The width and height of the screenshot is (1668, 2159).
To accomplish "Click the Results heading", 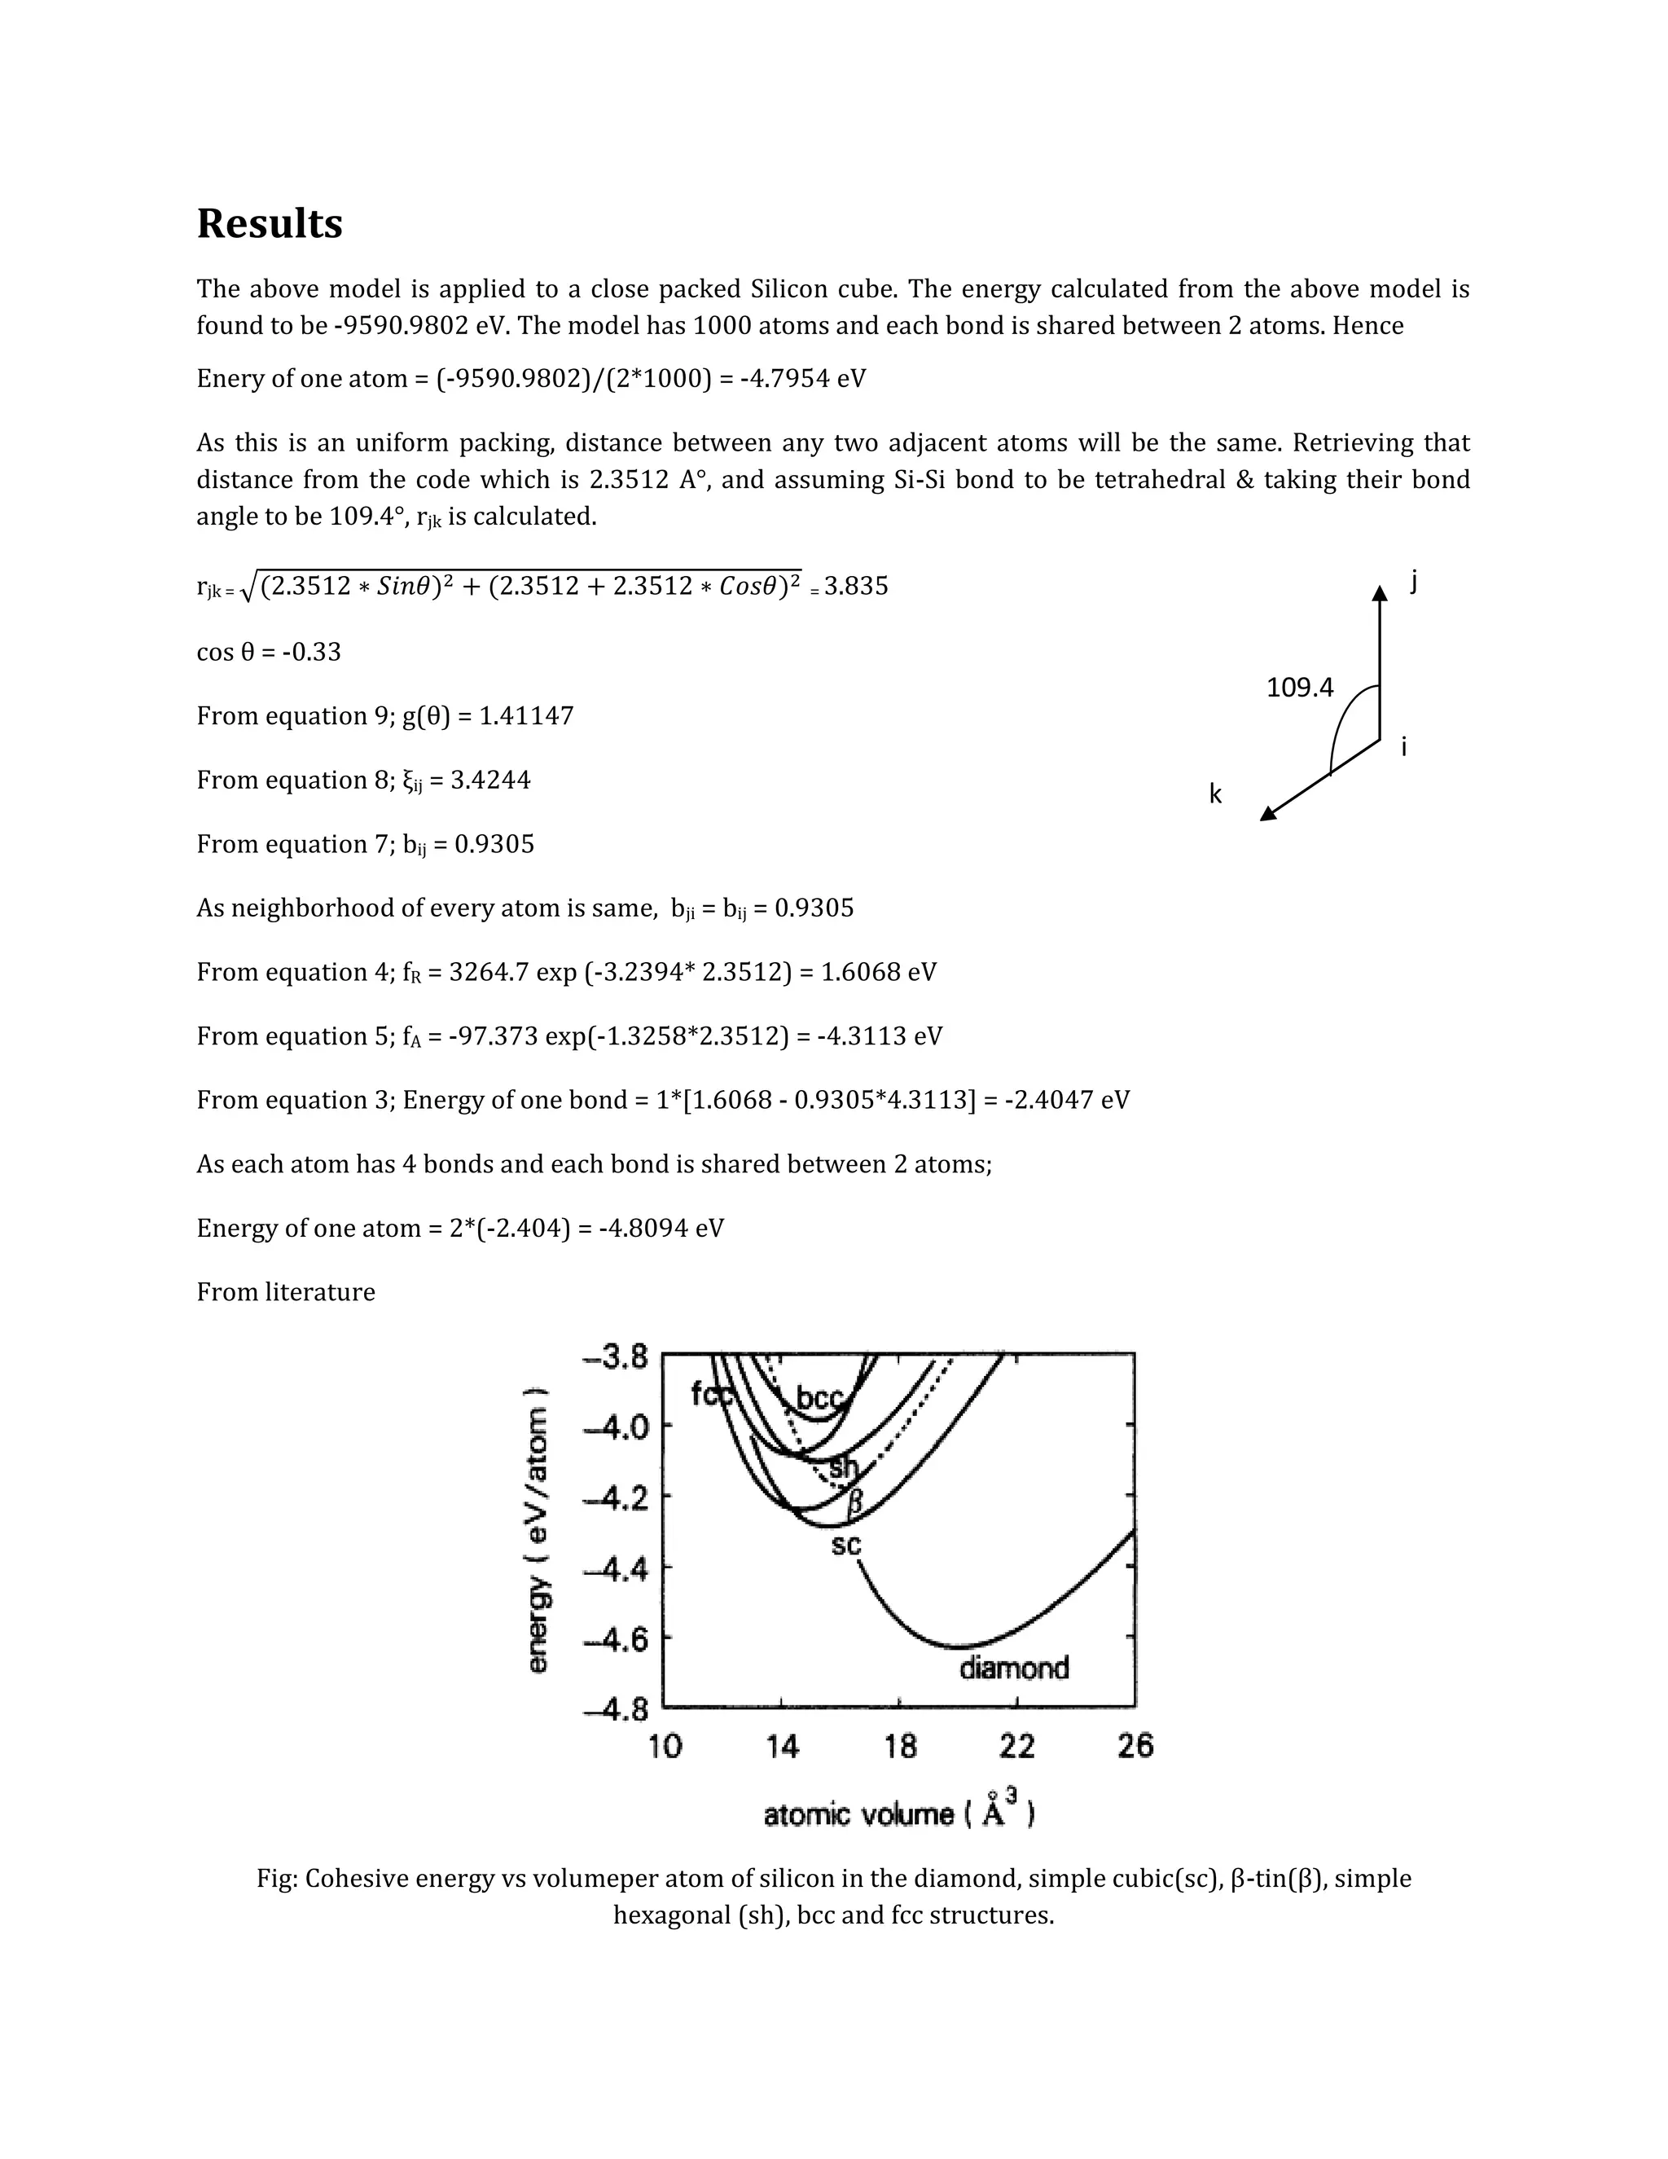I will click(x=269, y=224).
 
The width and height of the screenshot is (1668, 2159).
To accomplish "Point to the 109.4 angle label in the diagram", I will click(x=1299, y=688).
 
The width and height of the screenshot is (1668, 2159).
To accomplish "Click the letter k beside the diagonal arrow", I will click(x=1215, y=794).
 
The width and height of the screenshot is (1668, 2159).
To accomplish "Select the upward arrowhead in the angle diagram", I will click(x=1380, y=592).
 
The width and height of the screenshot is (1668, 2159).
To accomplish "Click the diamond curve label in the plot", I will click(x=1014, y=1669).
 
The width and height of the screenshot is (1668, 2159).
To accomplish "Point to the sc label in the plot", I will click(x=846, y=1545).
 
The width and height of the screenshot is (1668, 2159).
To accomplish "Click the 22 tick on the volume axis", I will click(x=1016, y=1747).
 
